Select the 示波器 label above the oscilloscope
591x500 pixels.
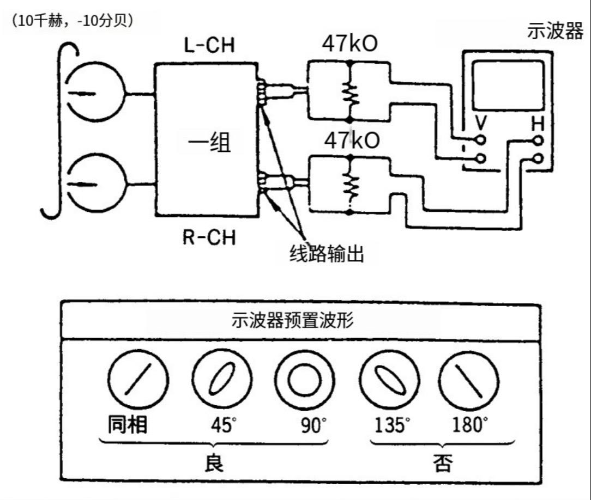click(x=555, y=31)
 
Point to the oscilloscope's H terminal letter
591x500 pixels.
click(x=537, y=125)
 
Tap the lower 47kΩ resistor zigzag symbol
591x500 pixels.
click(x=349, y=185)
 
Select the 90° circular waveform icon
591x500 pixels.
click(x=304, y=380)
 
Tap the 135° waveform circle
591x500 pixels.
click(x=390, y=379)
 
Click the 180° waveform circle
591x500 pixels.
click(x=469, y=379)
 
